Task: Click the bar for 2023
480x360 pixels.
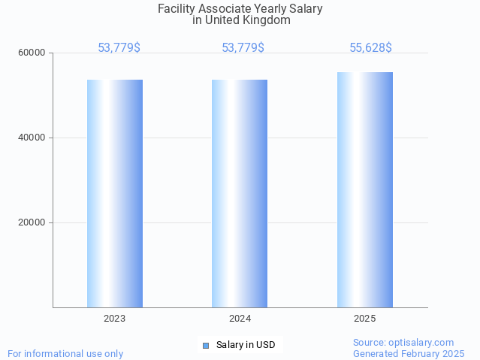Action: (115, 193)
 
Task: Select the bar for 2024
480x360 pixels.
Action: (240, 193)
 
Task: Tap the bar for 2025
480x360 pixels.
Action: (365, 189)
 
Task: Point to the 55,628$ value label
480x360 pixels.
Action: (370, 48)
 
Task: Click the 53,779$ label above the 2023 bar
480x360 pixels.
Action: (119, 48)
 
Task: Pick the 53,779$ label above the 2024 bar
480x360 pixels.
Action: (243, 48)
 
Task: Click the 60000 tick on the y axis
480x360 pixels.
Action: (32, 53)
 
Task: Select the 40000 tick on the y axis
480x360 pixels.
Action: (32, 138)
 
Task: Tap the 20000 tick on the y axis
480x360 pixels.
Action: (32, 223)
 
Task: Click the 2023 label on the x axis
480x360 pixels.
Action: (115, 319)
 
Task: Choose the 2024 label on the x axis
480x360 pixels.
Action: (240, 319)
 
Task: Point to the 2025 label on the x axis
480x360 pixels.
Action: (365, 319)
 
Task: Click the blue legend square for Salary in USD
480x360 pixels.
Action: (205, 346)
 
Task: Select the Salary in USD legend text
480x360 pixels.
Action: (246, 346)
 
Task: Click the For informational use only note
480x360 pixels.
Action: (65, 354)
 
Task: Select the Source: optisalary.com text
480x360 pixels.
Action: (403, 343)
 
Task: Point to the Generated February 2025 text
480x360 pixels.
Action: (409, 354)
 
